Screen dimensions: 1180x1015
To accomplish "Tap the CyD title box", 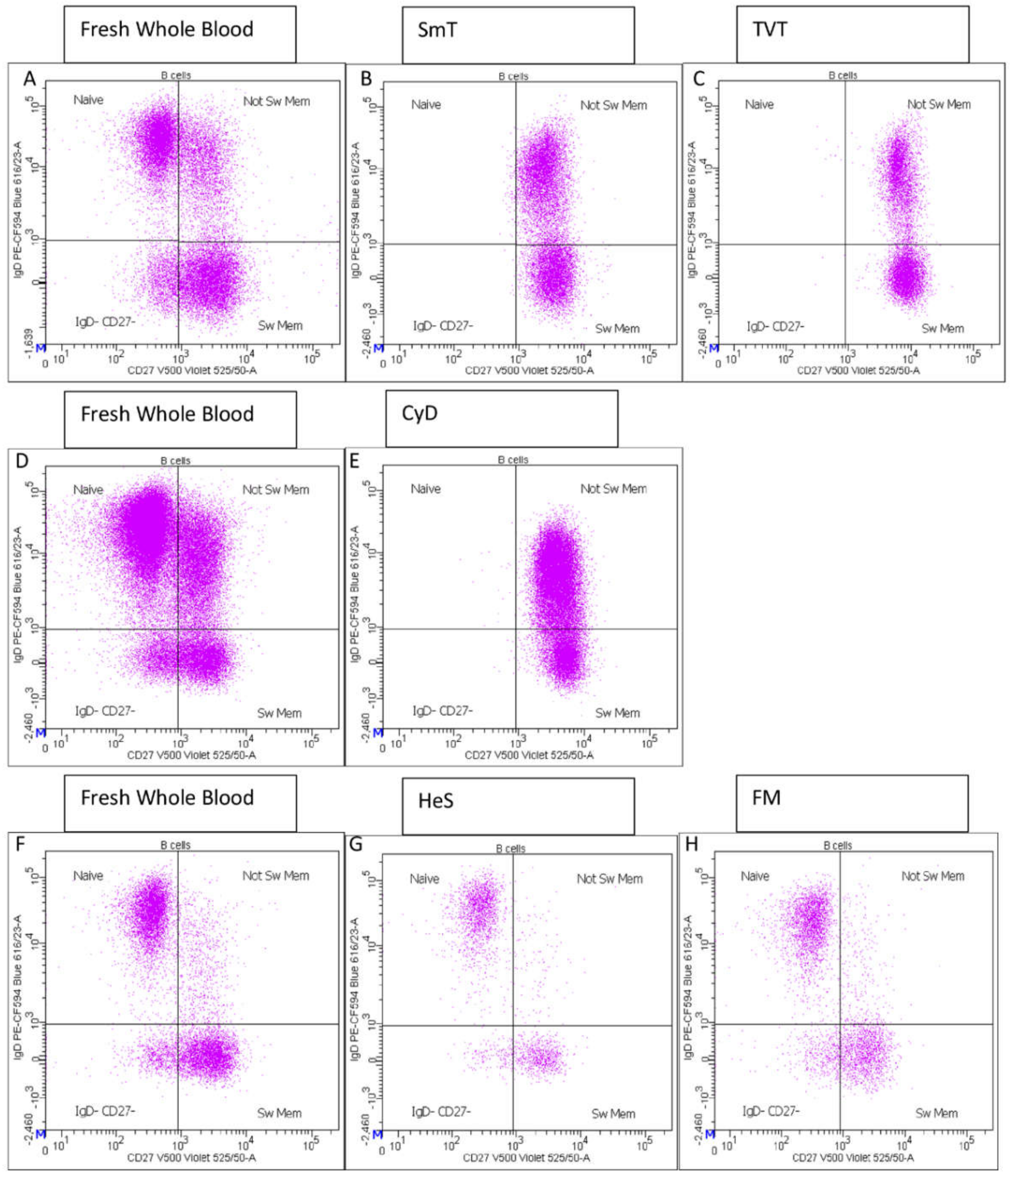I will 501,418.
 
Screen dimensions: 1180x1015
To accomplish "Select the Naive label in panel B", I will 426,105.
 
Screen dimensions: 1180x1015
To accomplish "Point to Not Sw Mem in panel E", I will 613,489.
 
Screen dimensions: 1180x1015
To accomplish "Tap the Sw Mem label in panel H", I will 936,1113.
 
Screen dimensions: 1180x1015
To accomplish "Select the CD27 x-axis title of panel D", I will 191,755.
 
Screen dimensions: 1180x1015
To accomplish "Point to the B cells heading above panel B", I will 513,76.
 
